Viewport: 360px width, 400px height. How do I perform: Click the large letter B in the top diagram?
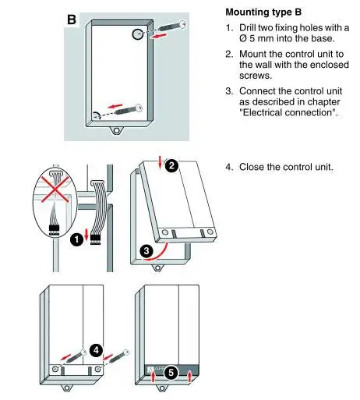pyautogui.click(x=72, y=19)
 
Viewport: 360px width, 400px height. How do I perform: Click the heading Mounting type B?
pyautogui.click(x=263, y=12)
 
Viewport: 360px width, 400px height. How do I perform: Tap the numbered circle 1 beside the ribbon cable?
pyautogui.click(x=77, y=239)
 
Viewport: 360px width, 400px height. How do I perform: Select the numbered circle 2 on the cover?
pyautogui.click(x=171, y=165)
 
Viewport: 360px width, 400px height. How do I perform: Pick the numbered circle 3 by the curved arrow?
pyautogui.click(x=146, y=251)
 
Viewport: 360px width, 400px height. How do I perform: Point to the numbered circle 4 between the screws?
pyautogui.click(x=96, y=350)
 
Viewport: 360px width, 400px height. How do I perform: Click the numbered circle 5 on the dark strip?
pyautogui.click(x=171, y=373)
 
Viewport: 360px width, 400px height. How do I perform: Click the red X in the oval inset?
pyautogui.click(x=55, y=189)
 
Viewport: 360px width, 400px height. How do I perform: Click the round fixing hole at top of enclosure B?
pyautogui.click(x=138, y=34)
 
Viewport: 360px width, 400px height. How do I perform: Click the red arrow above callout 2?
pyautogui.click(x=161, y=162)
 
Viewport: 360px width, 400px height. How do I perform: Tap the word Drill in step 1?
pyautogui.click(x=248, y=27)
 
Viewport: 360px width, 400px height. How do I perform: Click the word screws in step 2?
pyautogui.click(x=256, y=76)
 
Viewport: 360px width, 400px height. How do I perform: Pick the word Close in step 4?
pyautogui.click(x=250, y=167)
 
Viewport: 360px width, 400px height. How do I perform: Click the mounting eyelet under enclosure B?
pyautogui.click(x=117, y=130)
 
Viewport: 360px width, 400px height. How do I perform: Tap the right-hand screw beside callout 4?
pyautogui.click(x=118, y=357)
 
